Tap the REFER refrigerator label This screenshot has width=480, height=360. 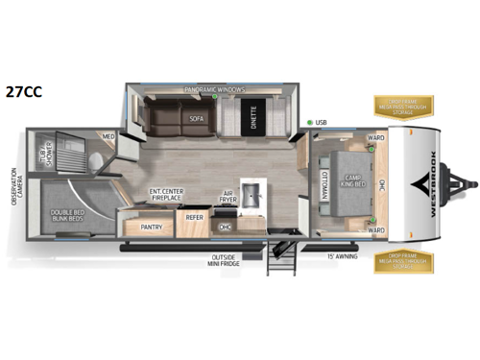[x=194, y=216]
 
